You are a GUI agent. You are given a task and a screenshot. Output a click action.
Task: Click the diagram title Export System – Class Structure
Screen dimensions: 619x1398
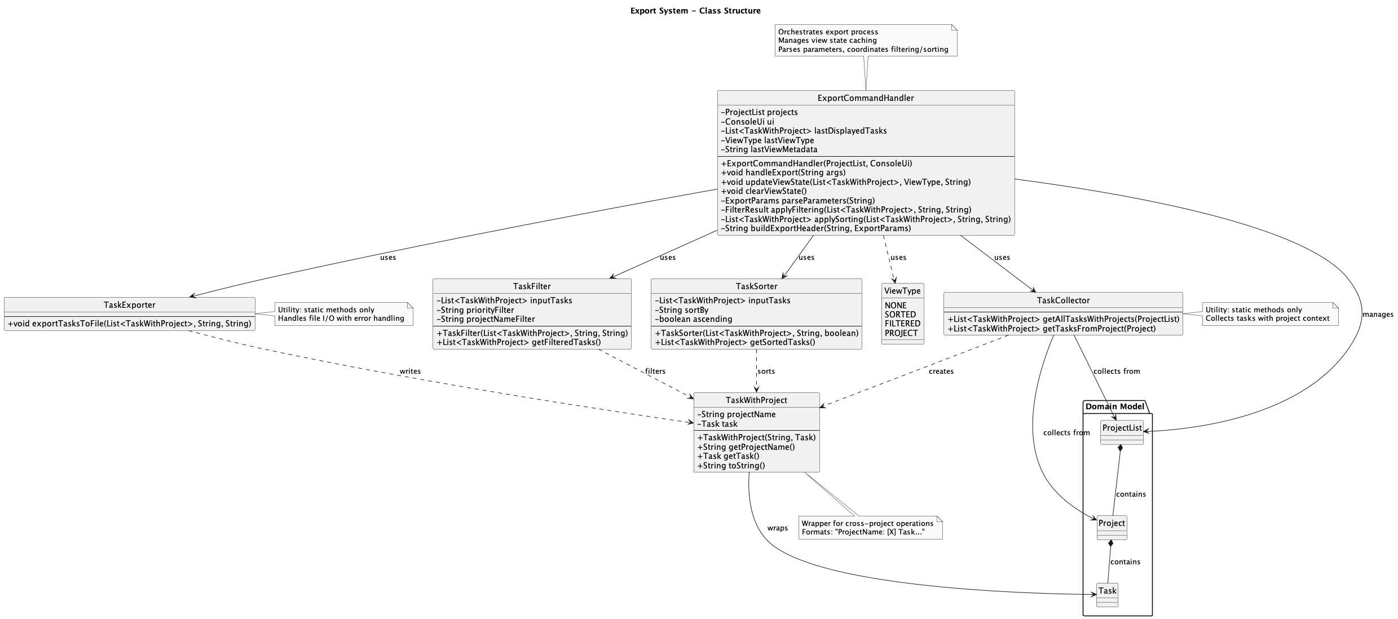pos(695,11)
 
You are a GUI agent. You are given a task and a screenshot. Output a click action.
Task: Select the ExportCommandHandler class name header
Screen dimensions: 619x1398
pos(865,98)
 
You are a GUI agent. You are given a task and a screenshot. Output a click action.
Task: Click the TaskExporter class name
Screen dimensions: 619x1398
pos(129,305)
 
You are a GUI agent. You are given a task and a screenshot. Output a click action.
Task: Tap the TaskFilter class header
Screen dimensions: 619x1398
pos(532,286)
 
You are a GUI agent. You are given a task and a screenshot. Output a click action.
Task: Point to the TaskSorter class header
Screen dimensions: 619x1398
pos(756,286)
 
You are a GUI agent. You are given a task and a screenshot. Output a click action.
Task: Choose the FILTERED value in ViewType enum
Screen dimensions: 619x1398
pos(902,324)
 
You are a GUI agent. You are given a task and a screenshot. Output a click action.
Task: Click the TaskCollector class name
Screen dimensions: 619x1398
pos(1062,300)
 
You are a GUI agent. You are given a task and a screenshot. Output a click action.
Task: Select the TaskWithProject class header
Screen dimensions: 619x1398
pos(756,400)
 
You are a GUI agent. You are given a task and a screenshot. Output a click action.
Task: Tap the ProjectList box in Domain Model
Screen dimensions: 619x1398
pos(1121,428)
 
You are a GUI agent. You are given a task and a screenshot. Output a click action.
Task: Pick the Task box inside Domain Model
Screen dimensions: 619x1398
pos(1106,591)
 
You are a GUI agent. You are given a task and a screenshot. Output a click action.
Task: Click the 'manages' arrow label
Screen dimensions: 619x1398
pos(1377,315)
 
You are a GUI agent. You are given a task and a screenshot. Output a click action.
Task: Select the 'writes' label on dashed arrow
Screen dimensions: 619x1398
pos(409,372)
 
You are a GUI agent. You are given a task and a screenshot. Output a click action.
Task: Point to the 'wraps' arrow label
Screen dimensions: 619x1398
pos(777,528)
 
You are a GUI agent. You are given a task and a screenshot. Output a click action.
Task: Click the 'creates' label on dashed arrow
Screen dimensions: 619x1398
pos(941,372)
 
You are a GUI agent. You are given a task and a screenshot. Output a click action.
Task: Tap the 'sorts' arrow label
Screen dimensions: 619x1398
pos(765,372)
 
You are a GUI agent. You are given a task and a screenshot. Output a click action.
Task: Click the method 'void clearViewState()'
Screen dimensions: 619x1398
pos(764,192)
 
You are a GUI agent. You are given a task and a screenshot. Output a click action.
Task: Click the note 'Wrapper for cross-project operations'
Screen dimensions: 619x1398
pos(867,524)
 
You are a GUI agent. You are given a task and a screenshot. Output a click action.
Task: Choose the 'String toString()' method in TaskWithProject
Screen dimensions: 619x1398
pos(731,466)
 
